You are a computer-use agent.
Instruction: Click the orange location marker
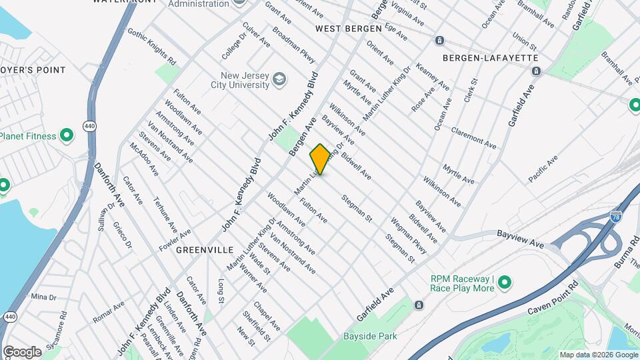[x=320, y=159]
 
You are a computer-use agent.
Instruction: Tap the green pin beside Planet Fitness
[x=67, y=136]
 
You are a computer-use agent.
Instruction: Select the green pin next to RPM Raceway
[x=505, y=283]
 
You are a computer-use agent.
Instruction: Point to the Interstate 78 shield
[x=615, y=216]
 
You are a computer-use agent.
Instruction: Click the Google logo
[x=22, y=352]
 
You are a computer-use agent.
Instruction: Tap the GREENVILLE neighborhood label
[x=205, y=249]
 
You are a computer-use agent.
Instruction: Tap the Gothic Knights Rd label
[x=151, y=47]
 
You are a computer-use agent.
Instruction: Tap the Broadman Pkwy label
[x=293, y=45]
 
